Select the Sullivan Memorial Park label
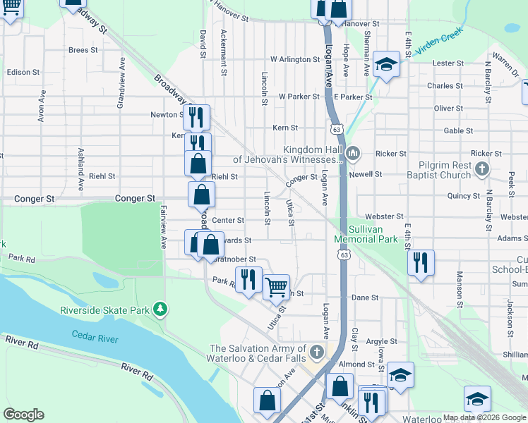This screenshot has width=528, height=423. [366, 235]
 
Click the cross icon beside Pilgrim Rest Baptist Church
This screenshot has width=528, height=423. [482, 169]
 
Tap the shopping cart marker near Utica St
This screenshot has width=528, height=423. [277, 286]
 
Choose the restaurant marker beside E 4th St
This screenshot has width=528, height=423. [421, 263]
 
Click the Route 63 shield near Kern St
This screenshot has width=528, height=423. [337, 130]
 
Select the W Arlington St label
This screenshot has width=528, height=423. [296, 59]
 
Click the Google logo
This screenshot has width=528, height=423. [23, 415]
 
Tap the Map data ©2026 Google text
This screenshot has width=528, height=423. [484, 417]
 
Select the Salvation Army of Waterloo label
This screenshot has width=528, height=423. [260, 353]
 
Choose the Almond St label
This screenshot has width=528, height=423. [355, 364]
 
